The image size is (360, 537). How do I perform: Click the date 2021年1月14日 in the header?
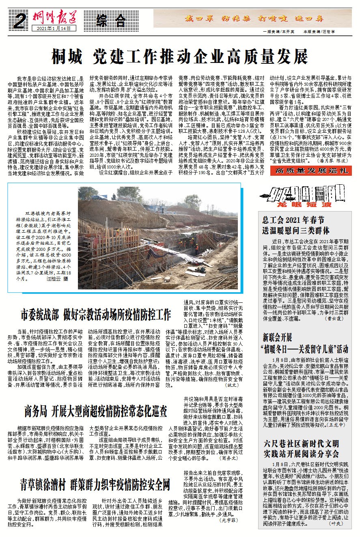pyautogui.click(x=54, y=28)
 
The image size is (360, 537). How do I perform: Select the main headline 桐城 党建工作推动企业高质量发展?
pyautogui.click(x=180, y=57)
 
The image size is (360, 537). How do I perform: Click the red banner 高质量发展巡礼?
pyautogui.click(x=311, y=170)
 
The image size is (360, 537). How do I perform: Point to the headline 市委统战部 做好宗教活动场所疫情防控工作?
pyautogui.click(x=96, y=314)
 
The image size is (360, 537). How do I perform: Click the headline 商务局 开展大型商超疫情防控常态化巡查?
pyautogui.click(x=95, y=411)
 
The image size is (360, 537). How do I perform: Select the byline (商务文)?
pyautogui.click(x=229, y=458)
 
